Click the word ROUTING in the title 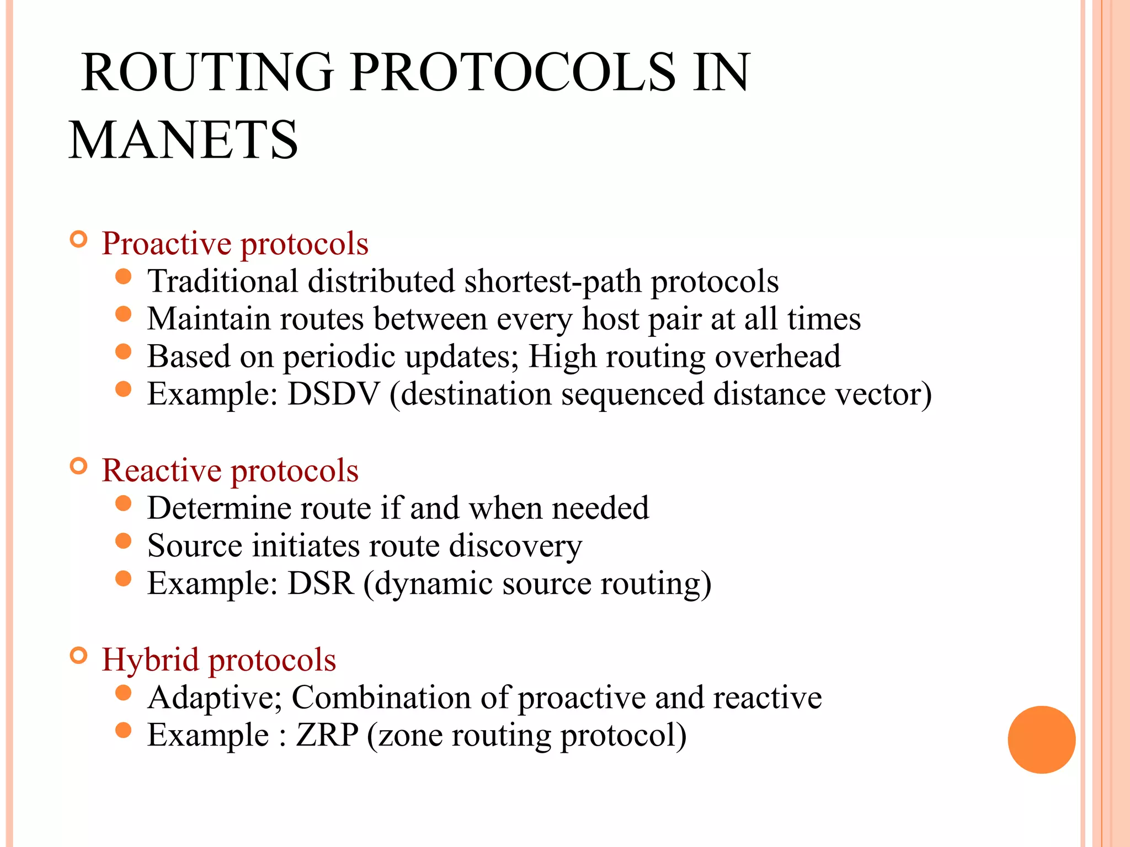pos(207,72)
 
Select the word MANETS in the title pos(183,140)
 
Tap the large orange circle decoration pos(1041,739)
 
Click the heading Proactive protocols pos(235,243)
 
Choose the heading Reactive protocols pos(230,470)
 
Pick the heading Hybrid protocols pos(219,660)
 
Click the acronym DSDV pos(334,394)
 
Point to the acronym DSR pos(321,583)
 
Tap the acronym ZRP pos(327,735)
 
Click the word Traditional pos(223,281)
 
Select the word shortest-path pos(553,281)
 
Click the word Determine pos(218,508)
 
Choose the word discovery pos(515,546)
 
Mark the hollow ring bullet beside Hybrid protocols pos(79,656)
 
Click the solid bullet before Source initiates pos(124,541)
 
